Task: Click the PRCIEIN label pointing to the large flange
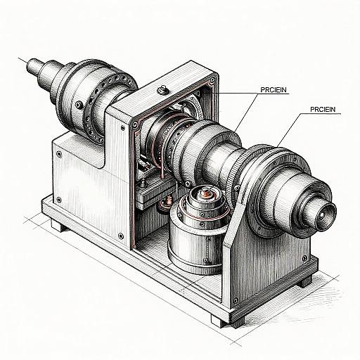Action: tap(321, 110)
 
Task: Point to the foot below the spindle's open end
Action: tap(304, 281)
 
